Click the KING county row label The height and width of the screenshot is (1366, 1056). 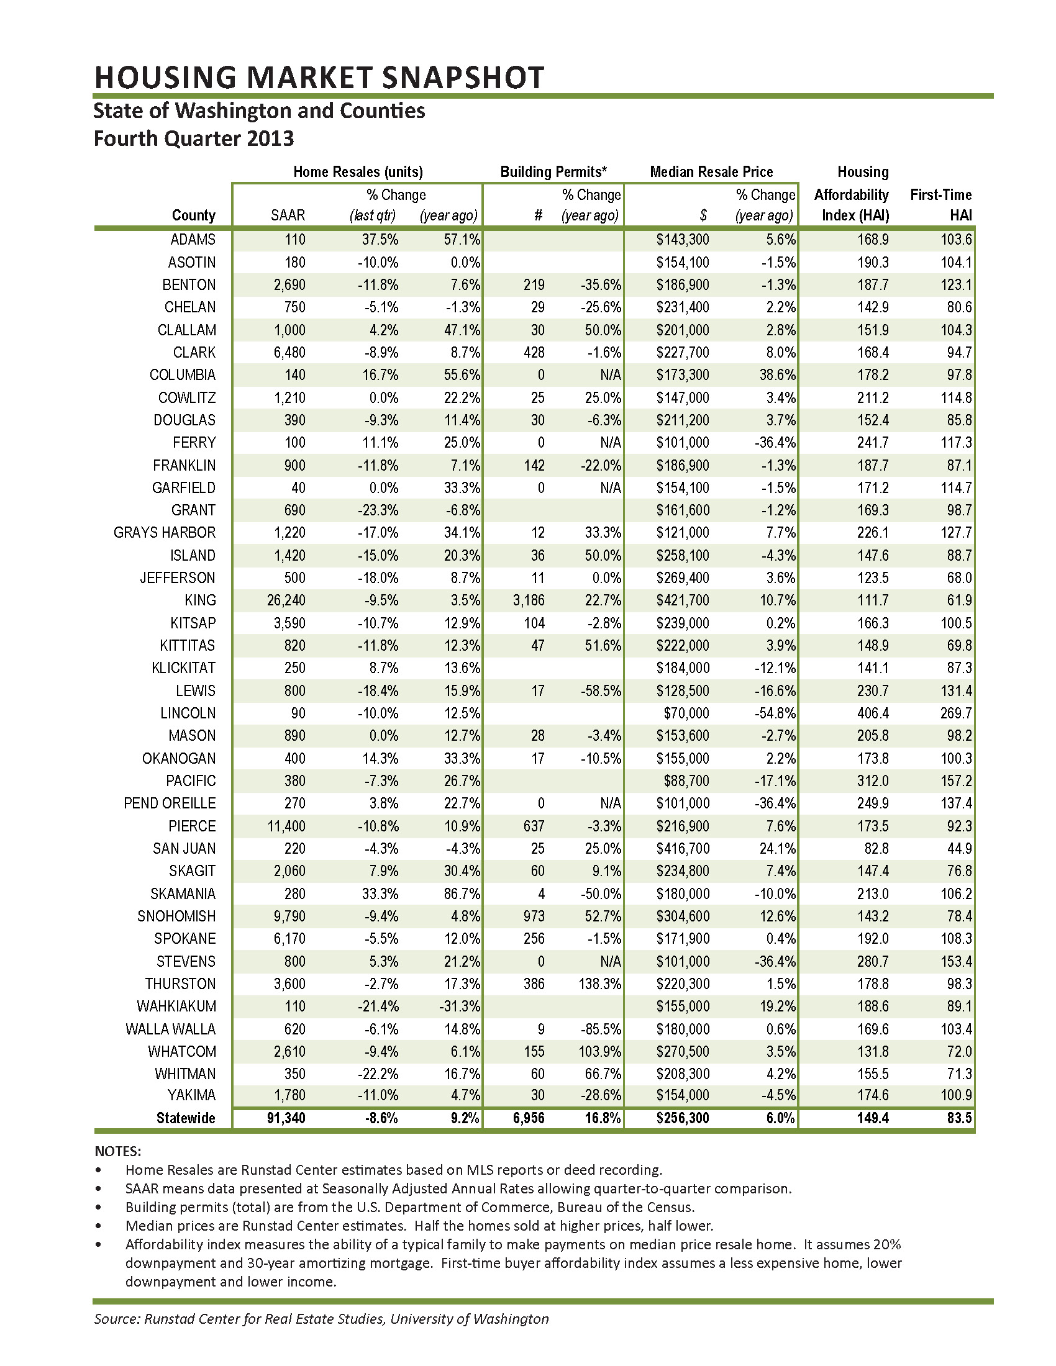pos(200,600)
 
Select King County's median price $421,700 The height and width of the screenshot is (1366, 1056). pos(683,600)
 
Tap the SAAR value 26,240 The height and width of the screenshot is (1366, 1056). pos(286,600)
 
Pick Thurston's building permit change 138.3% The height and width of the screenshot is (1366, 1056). pos(599,984)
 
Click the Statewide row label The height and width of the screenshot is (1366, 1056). pos(185,1118)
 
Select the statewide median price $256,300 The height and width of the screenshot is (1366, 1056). pos(683,1118)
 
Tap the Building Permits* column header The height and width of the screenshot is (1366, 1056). pos(553,172)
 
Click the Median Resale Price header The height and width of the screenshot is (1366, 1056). pos(711,172)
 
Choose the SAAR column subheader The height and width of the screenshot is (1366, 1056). pos(288,215)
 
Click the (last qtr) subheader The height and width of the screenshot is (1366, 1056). pos(372,215)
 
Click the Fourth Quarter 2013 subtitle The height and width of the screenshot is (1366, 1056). pos(193,138)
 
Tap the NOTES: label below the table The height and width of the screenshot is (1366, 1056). pos(117,1151)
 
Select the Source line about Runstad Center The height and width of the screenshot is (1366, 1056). pos(321,1319)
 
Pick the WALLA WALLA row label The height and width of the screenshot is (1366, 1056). pos(170,1029)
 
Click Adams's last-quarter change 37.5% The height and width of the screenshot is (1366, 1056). pos(380,240)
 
